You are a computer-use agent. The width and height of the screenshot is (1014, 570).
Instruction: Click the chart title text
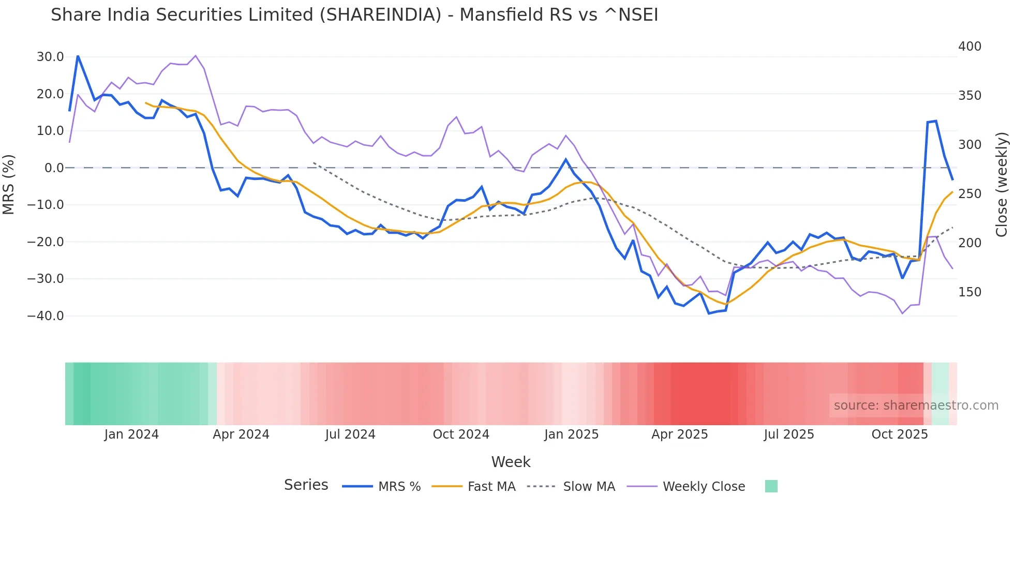tap(354, 15)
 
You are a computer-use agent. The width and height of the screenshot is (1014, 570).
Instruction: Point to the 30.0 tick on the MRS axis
tap(50, 57)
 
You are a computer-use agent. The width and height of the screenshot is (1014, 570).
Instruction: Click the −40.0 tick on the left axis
tap(46, 316)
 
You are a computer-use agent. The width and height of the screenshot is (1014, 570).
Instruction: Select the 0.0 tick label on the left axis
tap(54, 168)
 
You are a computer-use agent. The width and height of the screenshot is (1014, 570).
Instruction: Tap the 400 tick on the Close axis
tap(970, 47)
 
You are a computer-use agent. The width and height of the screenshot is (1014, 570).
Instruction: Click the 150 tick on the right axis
tap(970, 292)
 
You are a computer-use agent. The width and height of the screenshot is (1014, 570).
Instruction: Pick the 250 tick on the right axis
tap(970, 194)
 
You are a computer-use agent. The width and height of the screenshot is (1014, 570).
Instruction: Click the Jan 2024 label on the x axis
tap(131, 434)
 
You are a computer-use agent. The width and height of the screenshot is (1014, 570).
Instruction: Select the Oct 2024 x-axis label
tap(461, 434)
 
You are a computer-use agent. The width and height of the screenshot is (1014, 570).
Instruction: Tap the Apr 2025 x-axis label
tap(679, 434)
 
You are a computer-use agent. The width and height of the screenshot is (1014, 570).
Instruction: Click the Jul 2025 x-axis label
tap(789, 434)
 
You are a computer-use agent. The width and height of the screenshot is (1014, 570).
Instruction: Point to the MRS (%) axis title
tap(9, 185)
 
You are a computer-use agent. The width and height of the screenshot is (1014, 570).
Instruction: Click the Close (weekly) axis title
tap(1002, 185)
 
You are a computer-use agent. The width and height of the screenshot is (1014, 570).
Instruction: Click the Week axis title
tap(511, 462)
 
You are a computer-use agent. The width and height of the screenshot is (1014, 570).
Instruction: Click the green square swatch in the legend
tap(771, 486)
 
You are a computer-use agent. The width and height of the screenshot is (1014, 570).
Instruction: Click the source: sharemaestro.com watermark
tap(916, 406)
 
